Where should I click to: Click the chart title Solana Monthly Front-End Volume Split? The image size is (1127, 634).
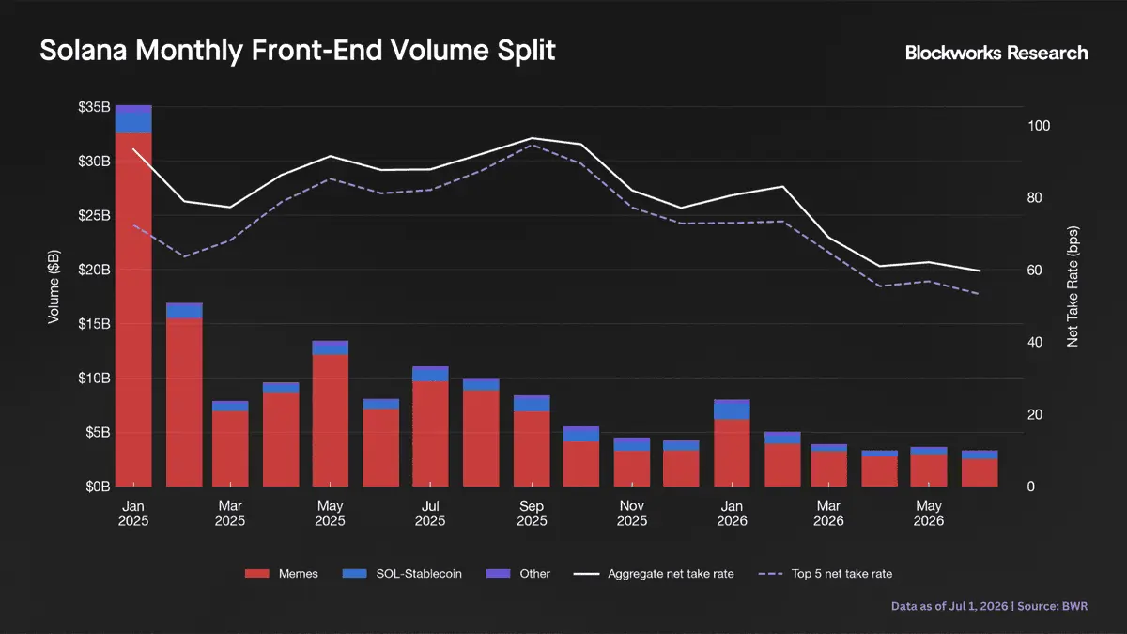point(298,51)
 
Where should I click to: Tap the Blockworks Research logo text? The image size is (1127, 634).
point(996,53)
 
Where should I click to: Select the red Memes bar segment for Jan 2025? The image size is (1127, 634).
point(133,309)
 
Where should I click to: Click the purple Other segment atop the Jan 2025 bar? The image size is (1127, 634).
point(133,109)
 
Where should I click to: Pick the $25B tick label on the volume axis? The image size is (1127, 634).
point(94,215)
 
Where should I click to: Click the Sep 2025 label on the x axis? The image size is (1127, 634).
point(532,513)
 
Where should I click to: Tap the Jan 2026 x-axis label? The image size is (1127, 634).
point(732,513)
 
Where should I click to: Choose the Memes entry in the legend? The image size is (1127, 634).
point(282,574)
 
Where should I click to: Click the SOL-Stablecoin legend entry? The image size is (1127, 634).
point(402,574)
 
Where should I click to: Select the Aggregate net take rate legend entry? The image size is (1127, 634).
point(654,574)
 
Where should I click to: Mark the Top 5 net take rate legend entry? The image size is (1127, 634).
point(826,574)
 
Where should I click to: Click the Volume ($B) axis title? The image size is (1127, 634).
point(54,286)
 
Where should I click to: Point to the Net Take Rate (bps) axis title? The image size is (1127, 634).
point(1073,286)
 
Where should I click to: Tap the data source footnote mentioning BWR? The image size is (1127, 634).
point(989,606)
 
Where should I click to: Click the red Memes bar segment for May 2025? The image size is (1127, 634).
point(330,421)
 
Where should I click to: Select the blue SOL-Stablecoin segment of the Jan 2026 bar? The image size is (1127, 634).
point(732,411)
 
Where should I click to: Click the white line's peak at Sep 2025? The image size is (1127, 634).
point(532,138)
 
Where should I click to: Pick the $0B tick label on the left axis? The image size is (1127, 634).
point(98,487)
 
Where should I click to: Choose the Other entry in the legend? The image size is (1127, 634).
point(518,574)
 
